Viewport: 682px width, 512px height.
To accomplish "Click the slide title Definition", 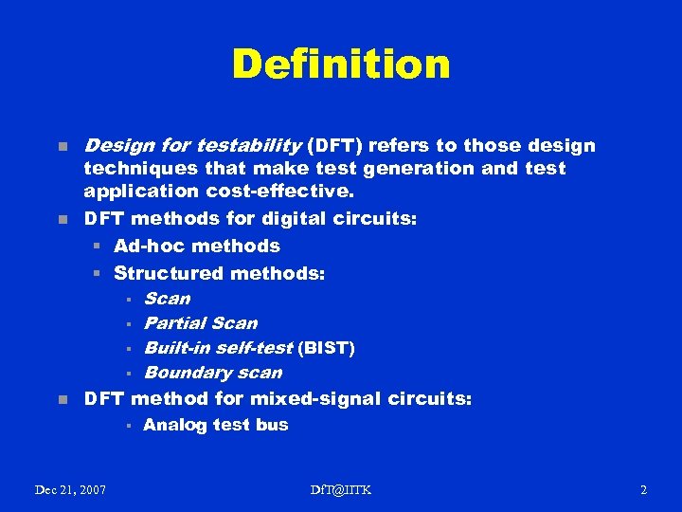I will click(x=341, y=64).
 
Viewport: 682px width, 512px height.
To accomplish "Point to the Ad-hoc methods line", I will click(x=196, y=246).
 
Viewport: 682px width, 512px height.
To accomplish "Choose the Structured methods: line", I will click(x=219, y=274).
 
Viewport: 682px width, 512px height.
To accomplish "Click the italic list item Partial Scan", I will click(x=200, y=323).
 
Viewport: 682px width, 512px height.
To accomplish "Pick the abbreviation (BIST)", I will click(x=326, y=348).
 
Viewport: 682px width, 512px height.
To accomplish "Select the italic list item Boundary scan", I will click(x=212, y=373).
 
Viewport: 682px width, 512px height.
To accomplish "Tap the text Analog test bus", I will click(x=215, y=425).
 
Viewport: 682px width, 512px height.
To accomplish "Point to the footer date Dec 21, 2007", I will click(x=70, y=489).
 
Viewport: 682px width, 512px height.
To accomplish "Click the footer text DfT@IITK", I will click(x=341, y=489).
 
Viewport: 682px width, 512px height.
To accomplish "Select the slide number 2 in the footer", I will click(x=643, y=489).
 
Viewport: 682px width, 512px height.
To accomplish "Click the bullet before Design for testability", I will click(x=62, y=147).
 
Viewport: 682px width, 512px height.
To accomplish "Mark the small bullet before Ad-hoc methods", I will click(x=97, y=247).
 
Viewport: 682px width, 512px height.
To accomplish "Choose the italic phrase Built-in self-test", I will click(x=218, y=348).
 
